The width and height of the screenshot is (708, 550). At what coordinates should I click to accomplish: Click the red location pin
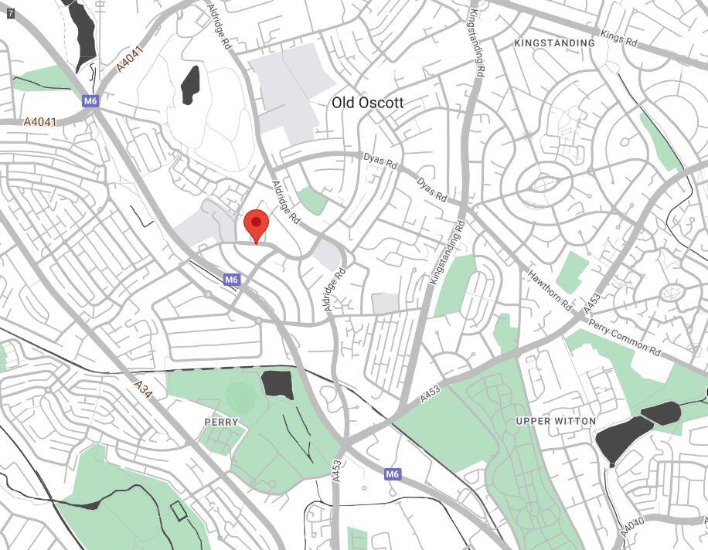coord(256,225)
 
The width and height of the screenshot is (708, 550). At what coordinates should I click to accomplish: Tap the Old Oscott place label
coord(368,103)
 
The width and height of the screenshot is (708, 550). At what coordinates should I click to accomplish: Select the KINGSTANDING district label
coord(554,43)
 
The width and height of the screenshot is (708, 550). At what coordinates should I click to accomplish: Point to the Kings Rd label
coord(618,38)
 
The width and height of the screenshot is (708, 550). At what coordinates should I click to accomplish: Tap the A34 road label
coord(144,390)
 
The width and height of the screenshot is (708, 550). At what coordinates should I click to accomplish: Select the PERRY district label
coord(221,423)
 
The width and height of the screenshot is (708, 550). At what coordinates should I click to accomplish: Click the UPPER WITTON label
coord(556,421)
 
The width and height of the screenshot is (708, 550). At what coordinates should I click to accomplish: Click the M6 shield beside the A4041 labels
coord(90,100)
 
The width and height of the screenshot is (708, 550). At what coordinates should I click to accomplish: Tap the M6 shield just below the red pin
coord(231,280)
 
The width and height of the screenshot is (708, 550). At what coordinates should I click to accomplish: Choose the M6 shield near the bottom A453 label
coord(392,474)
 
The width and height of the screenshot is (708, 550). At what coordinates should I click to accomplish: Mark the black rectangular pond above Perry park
coord(277,384)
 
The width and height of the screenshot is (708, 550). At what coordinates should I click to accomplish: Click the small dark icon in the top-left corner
coord(10,13)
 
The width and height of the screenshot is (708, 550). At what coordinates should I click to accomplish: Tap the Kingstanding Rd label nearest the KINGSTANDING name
coord(477,44)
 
